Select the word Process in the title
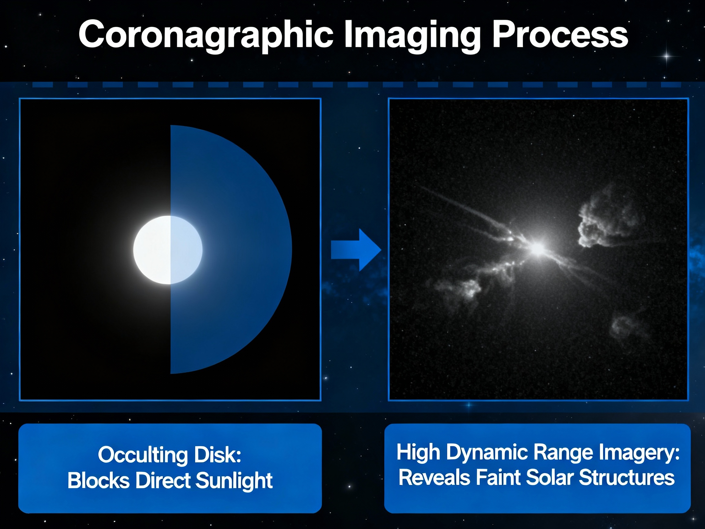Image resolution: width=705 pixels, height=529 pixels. (x=560, y=34)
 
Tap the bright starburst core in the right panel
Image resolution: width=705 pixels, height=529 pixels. (x=538, y=248)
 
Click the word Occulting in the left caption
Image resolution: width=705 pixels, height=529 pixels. (x=143, y=455)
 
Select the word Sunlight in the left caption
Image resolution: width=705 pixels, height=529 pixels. (x=234, y=481)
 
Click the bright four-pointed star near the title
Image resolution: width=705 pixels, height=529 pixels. (x=666, y=57)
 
